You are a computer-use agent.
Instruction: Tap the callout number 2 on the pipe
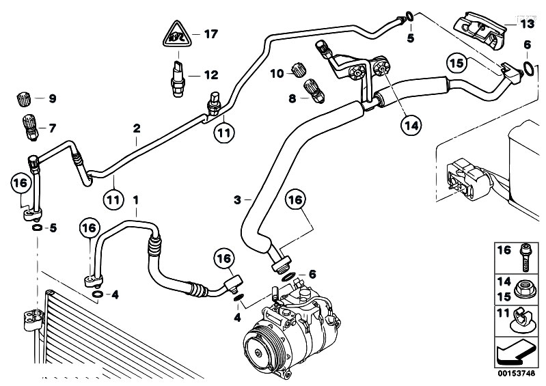[137, 128]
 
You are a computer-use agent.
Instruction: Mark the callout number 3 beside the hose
[236, 199]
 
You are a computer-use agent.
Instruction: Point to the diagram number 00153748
[515, 374]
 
